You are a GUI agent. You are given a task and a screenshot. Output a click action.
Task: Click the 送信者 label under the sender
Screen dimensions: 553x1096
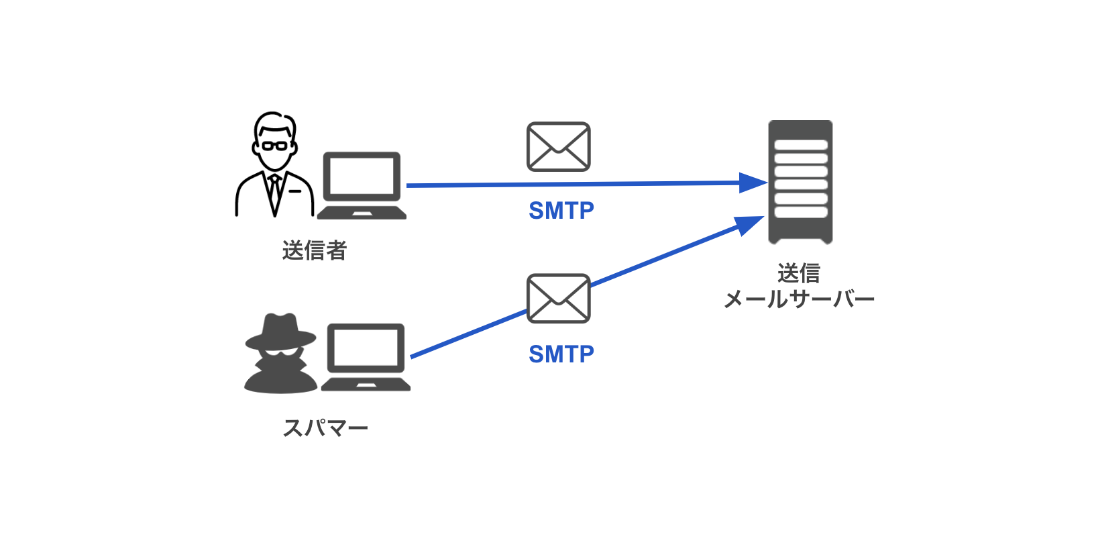314,250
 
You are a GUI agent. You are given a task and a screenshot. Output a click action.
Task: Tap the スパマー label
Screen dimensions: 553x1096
325,428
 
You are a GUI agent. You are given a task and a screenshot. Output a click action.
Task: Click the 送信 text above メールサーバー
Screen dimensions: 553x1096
799,273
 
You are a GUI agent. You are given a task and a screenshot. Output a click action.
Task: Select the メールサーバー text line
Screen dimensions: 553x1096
799,299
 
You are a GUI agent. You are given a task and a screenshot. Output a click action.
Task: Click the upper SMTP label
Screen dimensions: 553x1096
561,211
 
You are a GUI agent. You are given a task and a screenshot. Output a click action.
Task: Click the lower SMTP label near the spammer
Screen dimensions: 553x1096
561,354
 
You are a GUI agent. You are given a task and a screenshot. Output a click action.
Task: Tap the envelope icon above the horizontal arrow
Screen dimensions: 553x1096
558,146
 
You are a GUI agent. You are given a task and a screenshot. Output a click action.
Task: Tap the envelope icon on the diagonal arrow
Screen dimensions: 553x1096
558,298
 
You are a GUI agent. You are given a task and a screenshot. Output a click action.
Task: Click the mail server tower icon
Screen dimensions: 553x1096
800,182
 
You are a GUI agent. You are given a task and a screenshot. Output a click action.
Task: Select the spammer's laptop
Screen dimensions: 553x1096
366,358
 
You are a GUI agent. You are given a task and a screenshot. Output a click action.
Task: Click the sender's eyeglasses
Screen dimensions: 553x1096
274,145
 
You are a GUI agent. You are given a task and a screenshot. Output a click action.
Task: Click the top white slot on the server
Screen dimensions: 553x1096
801,144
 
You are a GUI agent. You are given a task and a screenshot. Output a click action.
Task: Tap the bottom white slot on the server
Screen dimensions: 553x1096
801,212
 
